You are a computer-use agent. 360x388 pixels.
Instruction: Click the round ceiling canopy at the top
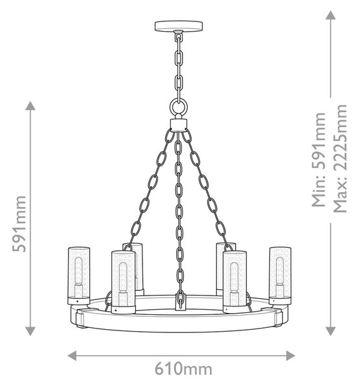tap(179, 26)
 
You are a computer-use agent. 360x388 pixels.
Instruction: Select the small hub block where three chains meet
tap(179, 125)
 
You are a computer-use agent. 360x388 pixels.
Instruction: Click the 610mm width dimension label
tap(184, 369)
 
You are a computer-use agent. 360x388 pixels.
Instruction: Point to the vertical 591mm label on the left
tap(19, 224)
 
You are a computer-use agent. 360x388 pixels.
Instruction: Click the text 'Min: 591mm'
tap(319, 160)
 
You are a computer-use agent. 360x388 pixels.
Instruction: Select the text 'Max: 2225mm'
tap(340, 158)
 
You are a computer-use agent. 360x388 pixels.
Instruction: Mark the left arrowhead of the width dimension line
tap(72, 356)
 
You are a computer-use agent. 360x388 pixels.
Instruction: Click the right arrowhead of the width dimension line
tap(291, 356)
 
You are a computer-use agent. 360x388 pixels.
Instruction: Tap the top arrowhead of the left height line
tap(30, 105)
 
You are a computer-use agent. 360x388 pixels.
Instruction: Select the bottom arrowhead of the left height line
tap(30, 331)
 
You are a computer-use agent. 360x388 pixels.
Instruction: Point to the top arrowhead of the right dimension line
tap(330, 15)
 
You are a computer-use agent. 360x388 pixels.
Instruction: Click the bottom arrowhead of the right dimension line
tap(330, 331)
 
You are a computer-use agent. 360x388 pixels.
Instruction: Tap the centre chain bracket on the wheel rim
tap(180, 301)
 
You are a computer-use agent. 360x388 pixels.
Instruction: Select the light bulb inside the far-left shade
tap(79, 271)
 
